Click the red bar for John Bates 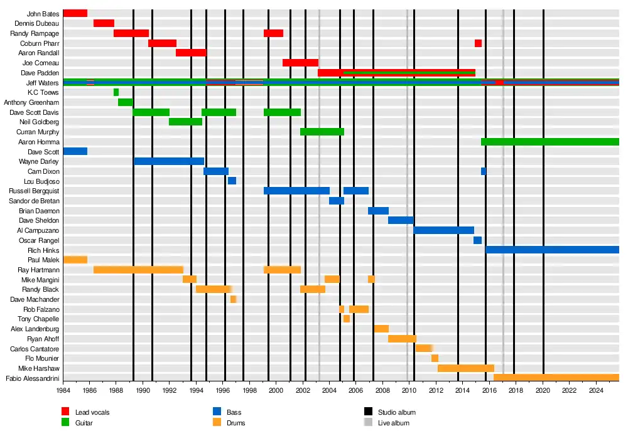tap(75, 13)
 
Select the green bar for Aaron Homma tap(549, 142)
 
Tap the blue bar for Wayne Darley tap(169, 161)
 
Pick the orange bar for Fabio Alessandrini tap(556, 378)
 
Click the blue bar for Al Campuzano tap(444, 230)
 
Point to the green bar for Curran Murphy tap(322, 132)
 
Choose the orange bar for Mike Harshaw tap(466, 368)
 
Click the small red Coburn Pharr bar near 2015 tap(478, 43)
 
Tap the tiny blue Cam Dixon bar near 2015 tap(484, 171)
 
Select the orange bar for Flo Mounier tap(435, 358)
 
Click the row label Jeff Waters tap(43, 83)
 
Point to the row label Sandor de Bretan tap(34, 201)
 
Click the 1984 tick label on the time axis tap(63, 390)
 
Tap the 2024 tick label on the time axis tap(596, 390)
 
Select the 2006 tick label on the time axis tap(356, 390)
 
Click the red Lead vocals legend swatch tap(65, 412)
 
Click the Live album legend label tap(393, 423)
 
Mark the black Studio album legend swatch tap(368, 412)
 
